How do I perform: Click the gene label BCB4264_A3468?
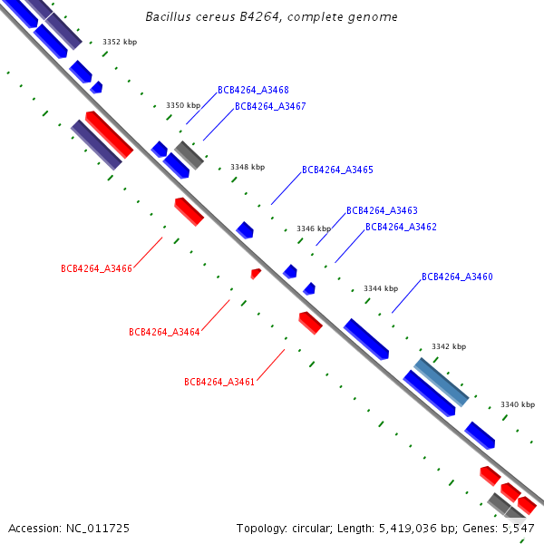tap(253, 90)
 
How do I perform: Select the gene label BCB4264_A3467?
tap(270, 106)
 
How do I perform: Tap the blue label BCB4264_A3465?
tap(337, 170)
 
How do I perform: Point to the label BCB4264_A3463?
tap(382, 210)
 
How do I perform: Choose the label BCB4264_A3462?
tap(401, 227)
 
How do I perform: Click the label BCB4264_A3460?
tap(457, 277)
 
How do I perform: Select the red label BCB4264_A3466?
tap(96, 268)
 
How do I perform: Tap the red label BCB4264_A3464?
tap(164, 332)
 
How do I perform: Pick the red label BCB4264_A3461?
tap(219, 382)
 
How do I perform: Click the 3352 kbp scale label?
tap(120, 42)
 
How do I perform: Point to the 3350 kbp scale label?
tap(183, 105)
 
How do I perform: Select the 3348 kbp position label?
tap(248, 167)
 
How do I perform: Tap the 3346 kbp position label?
tap(314, 228)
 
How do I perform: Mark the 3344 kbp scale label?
tap(381, 288)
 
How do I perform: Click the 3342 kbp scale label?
tap(449, 346)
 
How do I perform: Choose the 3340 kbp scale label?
tap(518, 404)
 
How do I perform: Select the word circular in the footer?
tap(315, 528)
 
